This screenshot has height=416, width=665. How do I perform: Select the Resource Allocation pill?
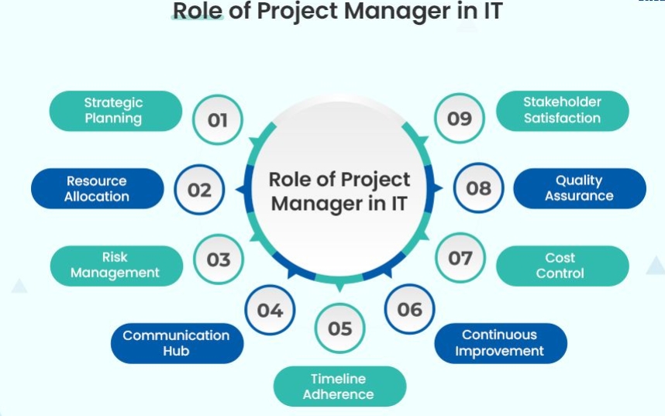pos(97,188)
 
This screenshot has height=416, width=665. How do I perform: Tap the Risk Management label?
pos(116,266)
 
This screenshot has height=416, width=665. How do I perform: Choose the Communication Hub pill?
pos(177,343)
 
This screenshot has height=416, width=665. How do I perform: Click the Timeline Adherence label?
pos(339,387)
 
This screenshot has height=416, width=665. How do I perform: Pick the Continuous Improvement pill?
pos(501,343)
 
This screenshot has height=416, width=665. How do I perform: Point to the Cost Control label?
pos(563,266)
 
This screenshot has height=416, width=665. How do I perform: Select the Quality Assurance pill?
pos(580,188)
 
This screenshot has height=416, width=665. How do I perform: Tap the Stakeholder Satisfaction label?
pos(563,111)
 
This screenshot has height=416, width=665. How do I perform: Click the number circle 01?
pos(218,119)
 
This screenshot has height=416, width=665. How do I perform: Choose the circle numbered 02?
pos(199,190)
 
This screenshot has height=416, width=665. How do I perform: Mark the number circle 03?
pos(219,259)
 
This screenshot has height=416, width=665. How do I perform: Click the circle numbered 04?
pos(270,310)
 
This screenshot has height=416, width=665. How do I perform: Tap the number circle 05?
pos(339,328)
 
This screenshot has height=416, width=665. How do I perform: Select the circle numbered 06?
pos(410,309)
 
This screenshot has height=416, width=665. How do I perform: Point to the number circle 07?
pos(460,258)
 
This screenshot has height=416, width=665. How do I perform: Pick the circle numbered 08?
pos(479,187)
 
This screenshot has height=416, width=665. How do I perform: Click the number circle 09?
pos(460,119)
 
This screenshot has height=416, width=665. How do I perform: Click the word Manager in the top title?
pos(397,12)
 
